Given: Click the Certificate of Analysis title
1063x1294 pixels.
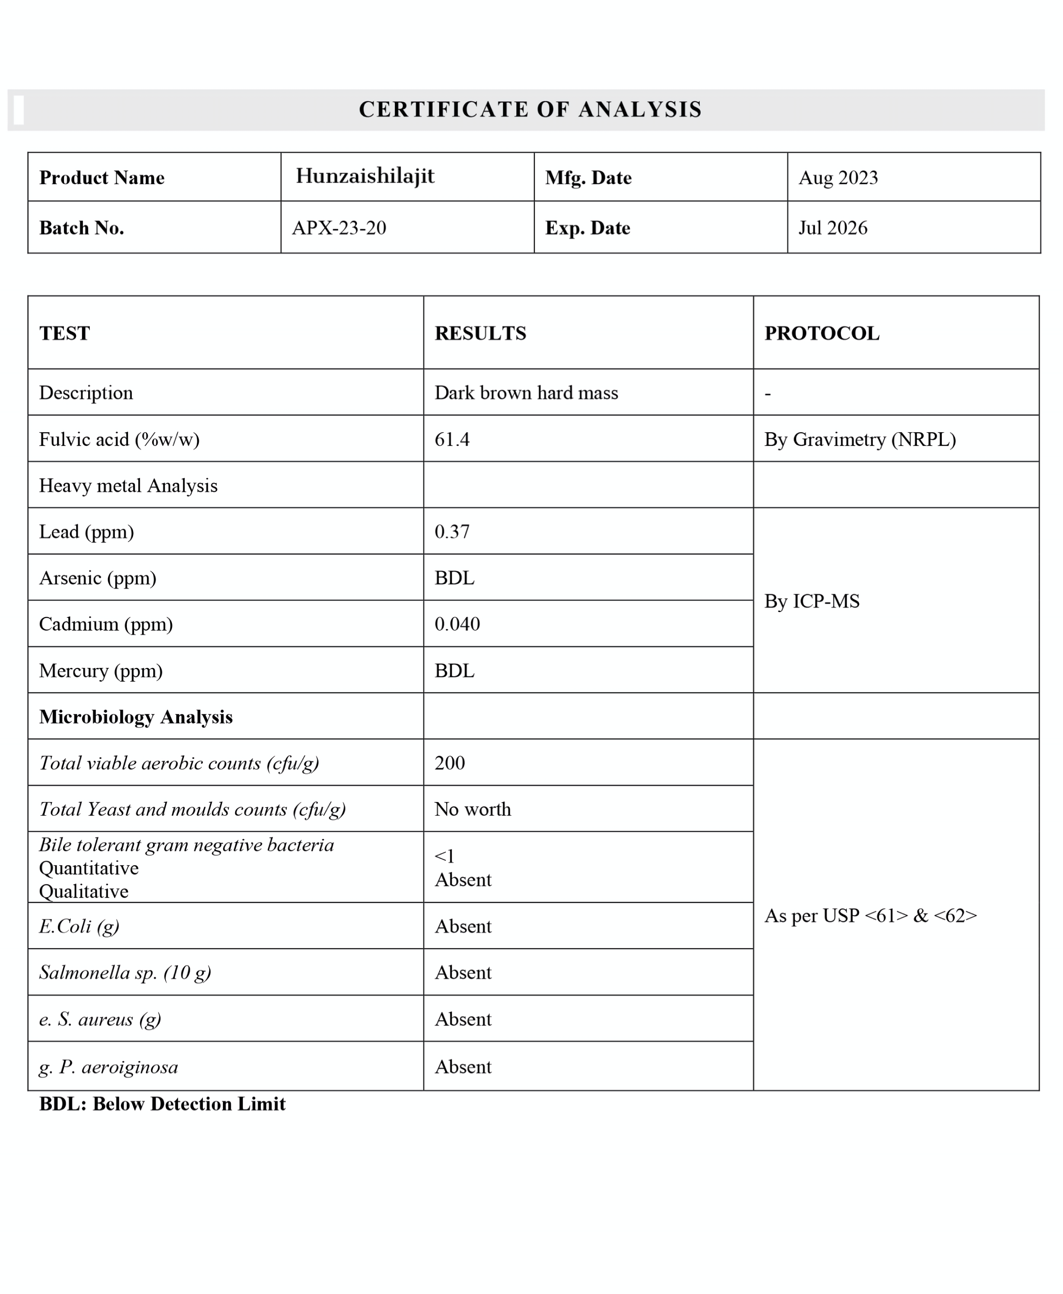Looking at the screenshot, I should coord(530,110).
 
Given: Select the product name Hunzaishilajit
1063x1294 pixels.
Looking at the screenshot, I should coord(365,176).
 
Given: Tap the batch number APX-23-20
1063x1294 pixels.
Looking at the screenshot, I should coord(339,228).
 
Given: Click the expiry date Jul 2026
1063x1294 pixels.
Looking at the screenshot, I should coord(833,228).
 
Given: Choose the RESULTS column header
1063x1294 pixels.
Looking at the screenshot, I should coord(480,333).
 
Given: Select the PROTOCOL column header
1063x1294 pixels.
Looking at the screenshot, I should coord(822,333).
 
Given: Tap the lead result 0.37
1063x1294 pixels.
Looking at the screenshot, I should coord(452,531).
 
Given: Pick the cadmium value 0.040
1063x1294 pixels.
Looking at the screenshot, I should coord(457,624).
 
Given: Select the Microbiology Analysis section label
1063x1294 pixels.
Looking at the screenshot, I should coord(136,717).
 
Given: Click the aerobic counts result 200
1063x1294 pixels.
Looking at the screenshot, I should coord(449,763).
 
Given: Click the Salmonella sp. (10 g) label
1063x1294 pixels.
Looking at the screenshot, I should coord(125,972).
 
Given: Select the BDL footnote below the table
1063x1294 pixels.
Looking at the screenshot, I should coord(162,1104).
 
